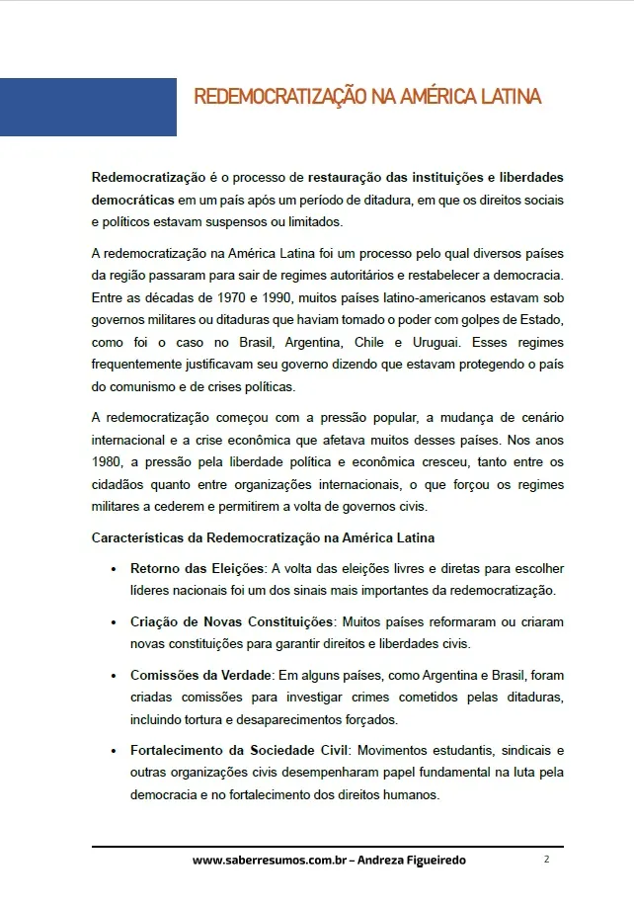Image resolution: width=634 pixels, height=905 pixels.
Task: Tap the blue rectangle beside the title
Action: click(88, 107)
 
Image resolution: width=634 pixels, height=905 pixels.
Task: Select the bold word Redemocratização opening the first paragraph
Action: click(148, 178)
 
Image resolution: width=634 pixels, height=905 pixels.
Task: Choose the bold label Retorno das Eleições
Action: click(198, 569)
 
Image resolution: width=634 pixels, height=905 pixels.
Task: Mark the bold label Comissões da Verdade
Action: click(201, 676)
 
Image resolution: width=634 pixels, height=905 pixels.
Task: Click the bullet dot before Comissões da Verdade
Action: click(116, 677)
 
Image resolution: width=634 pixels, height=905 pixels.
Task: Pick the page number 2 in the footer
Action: click(546, 860)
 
